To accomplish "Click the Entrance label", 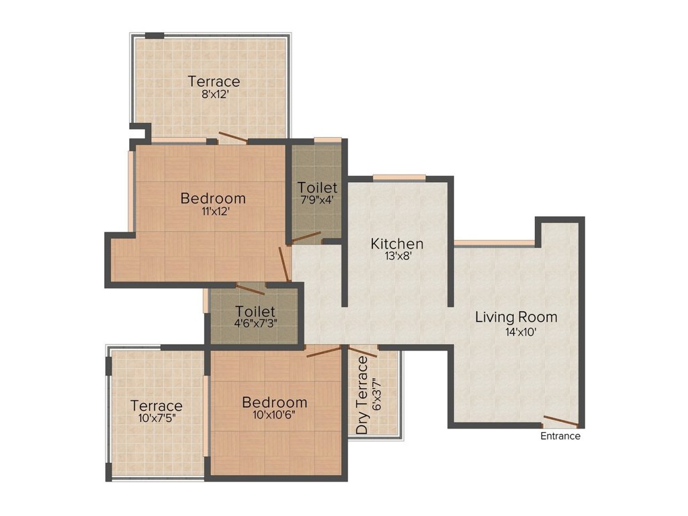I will [560, 436].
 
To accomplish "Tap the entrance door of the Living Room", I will [560, 422].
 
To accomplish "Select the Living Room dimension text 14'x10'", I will [516, 331].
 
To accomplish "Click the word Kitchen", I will [397, 243].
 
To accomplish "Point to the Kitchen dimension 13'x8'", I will [397, 257].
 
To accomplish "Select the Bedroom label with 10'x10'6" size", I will [275, 402].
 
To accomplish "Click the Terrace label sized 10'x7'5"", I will [157, 406].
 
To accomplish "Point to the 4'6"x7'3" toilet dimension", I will [255, 323].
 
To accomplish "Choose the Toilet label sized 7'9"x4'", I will [318, 187].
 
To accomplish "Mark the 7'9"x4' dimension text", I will [318, 200].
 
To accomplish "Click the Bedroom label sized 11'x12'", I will [213, 198].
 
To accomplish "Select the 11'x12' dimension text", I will [213, 211].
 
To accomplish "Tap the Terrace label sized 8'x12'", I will [214, 81].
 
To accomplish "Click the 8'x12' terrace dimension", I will [214, 94].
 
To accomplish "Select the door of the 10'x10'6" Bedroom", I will [324, 351].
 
